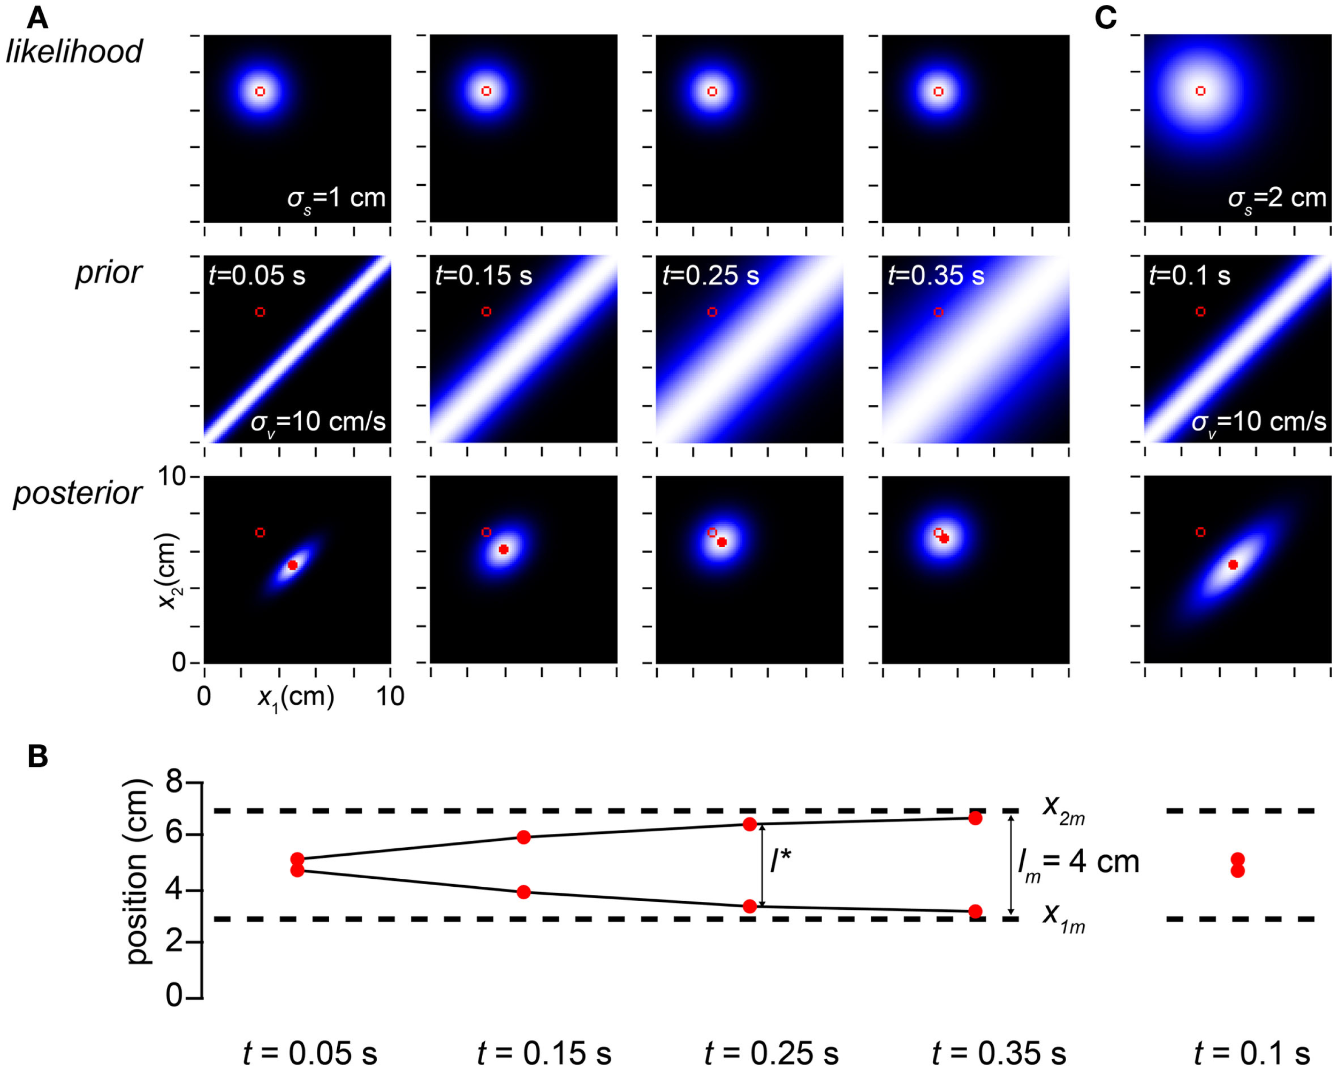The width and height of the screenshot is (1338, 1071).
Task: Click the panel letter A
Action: pos(37,19)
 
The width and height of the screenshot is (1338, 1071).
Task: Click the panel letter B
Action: pos(37,757)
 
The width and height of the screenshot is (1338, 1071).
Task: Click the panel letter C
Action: pos(1105,19)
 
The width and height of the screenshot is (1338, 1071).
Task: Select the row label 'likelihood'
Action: pos(74,51)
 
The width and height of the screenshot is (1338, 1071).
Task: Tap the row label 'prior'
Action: pos(109,273)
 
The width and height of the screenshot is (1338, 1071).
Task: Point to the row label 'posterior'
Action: pos(78,493)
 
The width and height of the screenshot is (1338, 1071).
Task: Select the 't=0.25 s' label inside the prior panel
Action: pos(711,275)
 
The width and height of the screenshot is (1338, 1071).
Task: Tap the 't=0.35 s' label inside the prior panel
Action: pos(936,275)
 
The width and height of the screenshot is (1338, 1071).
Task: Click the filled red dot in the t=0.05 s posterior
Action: pos(292,565)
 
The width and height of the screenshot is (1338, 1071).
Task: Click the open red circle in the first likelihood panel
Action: pos(260,91)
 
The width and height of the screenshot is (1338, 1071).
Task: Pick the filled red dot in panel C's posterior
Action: pos(1233,564)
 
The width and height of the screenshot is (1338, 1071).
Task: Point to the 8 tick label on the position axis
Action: pos(174,783)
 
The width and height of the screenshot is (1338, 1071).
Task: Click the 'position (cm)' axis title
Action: pos(138,872)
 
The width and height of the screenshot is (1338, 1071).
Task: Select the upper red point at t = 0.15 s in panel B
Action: pos(523,838)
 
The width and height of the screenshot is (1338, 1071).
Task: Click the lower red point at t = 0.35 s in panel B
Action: pos(975,911)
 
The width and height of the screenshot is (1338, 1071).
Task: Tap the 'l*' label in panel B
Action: pos(780,862)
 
